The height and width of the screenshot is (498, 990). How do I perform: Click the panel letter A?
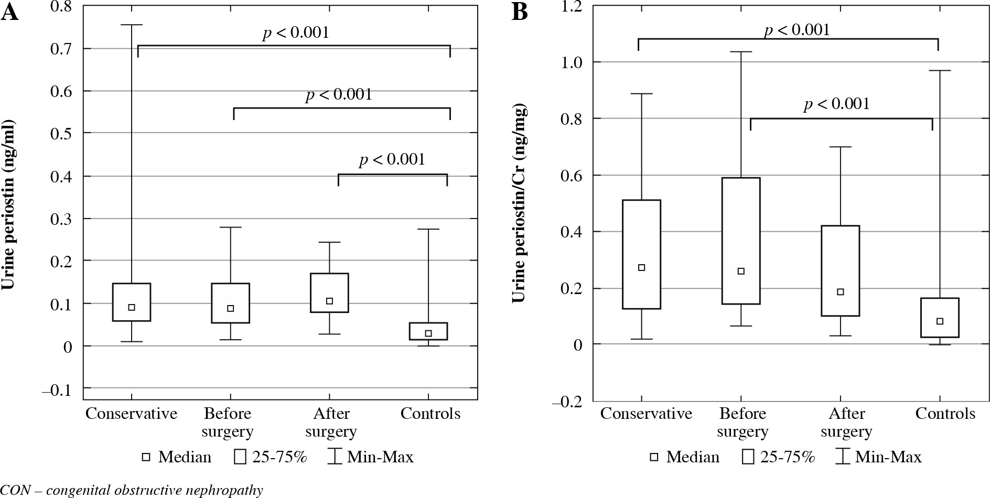point(10,13)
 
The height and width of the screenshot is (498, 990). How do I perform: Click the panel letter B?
point(519,13)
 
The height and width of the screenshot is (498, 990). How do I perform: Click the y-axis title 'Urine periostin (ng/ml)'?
point(9,205)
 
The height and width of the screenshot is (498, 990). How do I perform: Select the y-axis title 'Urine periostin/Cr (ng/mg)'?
point(518,202)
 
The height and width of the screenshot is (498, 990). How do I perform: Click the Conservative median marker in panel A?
point(132,307)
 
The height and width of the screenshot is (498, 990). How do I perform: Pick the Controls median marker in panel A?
point(428,333)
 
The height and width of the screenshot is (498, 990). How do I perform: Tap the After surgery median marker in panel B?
point(840,292)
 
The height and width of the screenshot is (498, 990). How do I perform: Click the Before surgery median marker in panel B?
point(741,271)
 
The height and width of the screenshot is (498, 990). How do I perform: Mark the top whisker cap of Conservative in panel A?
point(132,25)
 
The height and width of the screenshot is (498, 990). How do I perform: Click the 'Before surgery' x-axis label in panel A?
point(228,423)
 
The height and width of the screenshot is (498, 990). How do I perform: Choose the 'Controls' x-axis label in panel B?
point(945,414)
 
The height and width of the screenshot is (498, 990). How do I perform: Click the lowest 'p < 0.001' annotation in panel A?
point(392,159)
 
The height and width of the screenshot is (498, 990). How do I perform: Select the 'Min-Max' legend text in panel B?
point(888,457)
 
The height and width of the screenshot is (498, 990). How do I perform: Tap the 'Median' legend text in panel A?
point(185,457)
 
